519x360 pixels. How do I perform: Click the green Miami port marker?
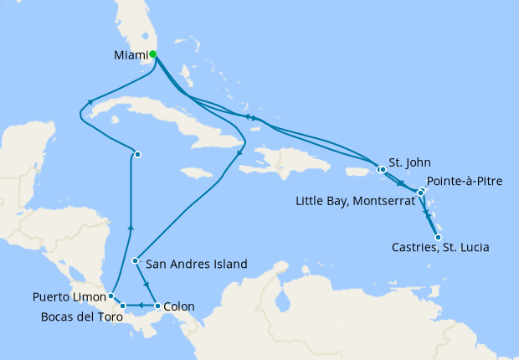[152, 54]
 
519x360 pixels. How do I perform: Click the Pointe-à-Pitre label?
[465, 182]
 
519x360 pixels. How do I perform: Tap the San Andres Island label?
[197, 264]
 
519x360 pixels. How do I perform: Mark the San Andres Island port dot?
[136, 260]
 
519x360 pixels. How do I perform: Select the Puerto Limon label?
[69, 296]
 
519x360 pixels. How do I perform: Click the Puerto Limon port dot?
[110, 296]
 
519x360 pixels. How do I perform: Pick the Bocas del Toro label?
[81, 316]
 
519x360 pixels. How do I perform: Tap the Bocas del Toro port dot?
[123, 306]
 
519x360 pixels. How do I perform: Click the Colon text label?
[179, 306]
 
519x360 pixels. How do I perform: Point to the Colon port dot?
[158, 306]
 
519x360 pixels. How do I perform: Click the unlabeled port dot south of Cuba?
[137, 154]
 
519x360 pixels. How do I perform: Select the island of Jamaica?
[194, 172]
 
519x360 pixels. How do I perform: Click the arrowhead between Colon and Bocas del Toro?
[141, 306]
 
